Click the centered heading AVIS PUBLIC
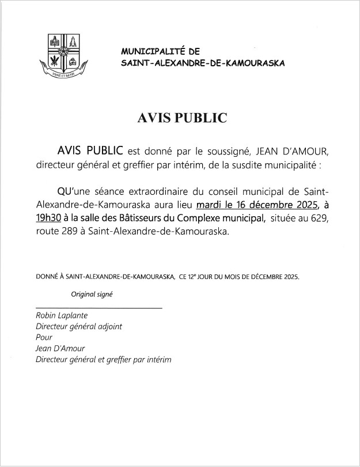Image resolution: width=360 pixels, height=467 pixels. pyautogui.click(x=182, y=118)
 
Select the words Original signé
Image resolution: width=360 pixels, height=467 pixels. pyautogui.click(x=92, y=293)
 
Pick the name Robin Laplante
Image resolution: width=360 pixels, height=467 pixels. pyautogui.click(x=61, y=316)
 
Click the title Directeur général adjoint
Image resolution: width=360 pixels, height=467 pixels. pyautogui.click(x=79, y=327)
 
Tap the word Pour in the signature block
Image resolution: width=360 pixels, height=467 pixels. pyautogui.click(x=44, y=338)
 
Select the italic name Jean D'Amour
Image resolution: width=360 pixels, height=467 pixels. pyautogui.click(x=60, y=349)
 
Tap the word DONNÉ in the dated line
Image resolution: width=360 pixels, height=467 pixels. pyautogui.click(x=48, y=277)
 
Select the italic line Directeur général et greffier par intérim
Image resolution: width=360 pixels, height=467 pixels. pyautogui.click(x=104, y=360)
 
